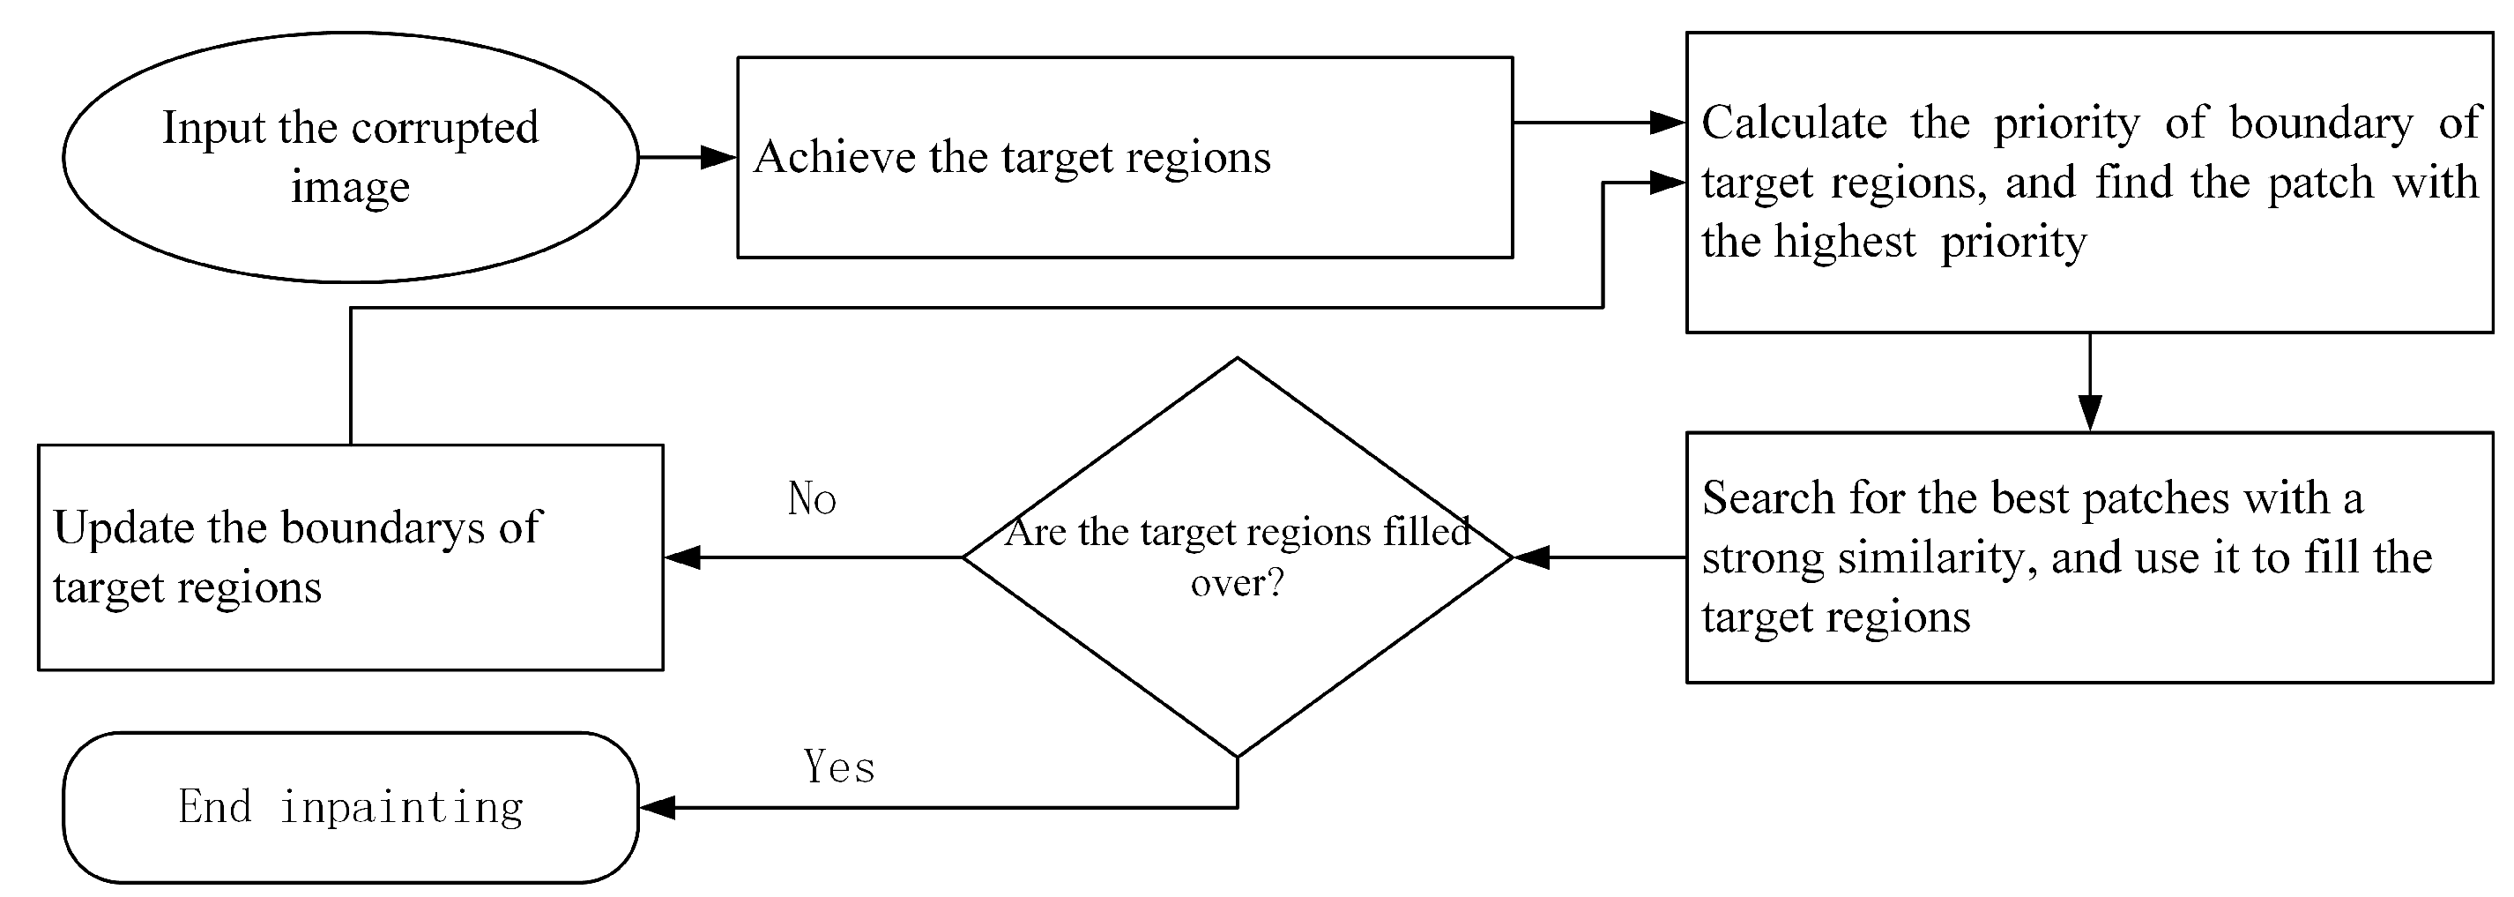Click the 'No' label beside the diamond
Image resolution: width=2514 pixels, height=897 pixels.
point(811,498)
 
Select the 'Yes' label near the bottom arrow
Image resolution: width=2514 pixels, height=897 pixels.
point(838,767)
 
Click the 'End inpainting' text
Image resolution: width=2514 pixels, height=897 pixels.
point(350,807)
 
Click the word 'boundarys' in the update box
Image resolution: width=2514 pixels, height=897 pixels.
point(383,528)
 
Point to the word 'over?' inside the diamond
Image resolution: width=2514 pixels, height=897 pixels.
point(1237,583)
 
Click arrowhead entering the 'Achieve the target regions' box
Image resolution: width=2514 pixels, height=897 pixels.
point(720,157)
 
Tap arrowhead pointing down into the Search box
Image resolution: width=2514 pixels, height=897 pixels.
point(2089,414)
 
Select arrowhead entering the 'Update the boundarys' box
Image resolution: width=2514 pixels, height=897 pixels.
point(682,557)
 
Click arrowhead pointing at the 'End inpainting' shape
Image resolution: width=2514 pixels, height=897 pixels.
point(658,807)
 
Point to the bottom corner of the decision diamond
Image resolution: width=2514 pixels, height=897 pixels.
point(1237,756)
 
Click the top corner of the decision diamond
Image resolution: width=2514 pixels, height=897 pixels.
point(1237,358)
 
